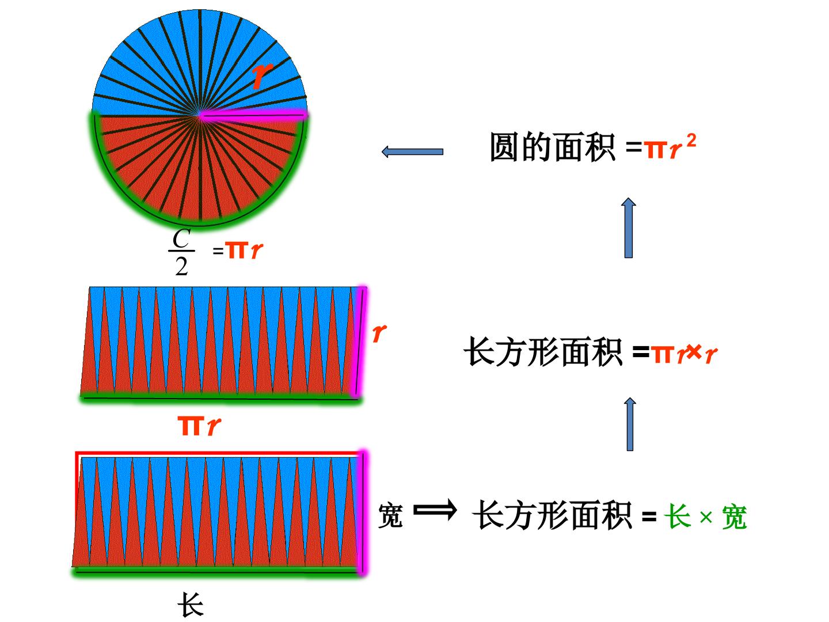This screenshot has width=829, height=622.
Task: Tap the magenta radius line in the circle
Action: [x=253, y=115]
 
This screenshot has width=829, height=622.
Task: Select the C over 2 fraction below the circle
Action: [x=182, y=252]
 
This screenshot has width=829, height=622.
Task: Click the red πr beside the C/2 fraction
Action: [x=244, y=250]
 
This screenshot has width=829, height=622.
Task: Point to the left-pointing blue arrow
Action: [x=412, y=152]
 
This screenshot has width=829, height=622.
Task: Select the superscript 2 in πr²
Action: [x=691, y=142]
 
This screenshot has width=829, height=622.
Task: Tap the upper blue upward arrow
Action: [x=629, y=228]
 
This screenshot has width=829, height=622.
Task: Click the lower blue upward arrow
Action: [x=630, y=424]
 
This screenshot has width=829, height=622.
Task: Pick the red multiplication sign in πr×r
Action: [x=694, y=352]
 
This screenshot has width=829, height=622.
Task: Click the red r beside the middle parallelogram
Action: [x=379, y=332]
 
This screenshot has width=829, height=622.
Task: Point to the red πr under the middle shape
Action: [x=199, y=426]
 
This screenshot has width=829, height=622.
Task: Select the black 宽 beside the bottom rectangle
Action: [x=390, y=515]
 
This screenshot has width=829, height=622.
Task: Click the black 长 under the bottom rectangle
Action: [x=191, y=605]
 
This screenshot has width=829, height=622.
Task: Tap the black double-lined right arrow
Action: [x=435, y=511]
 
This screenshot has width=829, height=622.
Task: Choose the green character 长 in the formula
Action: [x=678, y=516]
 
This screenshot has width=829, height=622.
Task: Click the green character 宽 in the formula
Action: [x=735, y=517]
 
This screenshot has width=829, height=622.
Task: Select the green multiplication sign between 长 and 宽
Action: [x=706, y=517]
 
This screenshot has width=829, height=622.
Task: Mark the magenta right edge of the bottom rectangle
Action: [x=363, y=512]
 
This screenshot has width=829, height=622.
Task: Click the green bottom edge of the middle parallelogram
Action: [x=220, y=399]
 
